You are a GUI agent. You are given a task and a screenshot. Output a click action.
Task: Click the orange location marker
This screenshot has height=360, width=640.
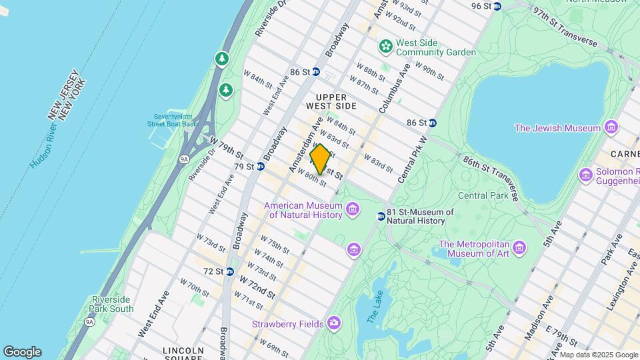click(320, 159)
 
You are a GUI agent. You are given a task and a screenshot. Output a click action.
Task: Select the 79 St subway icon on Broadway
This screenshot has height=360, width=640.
click(260, 166)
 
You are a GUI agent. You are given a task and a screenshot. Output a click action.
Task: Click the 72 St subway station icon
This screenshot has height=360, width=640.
click(229, 271)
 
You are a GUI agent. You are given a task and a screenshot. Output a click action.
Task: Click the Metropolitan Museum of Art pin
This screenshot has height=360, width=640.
click(519, 249)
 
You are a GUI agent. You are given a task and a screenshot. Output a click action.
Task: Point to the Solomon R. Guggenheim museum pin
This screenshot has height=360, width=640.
click(586, 175)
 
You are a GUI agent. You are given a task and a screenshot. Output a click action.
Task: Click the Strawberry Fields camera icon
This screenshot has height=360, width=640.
click(333, 323)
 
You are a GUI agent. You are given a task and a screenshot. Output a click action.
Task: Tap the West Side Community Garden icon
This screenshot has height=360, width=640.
click(385, 46)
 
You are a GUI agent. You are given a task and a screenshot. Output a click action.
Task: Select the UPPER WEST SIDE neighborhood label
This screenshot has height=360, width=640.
click(331, 101)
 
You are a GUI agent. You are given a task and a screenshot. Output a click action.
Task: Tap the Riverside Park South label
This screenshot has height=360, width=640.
click(113, 304)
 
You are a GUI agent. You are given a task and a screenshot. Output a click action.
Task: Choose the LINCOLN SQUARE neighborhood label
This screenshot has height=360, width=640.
click(183, 355)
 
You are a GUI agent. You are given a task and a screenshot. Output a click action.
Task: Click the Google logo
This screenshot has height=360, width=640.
click(22, 351)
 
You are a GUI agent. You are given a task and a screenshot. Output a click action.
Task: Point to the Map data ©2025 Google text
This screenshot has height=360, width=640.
click(598, 355)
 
